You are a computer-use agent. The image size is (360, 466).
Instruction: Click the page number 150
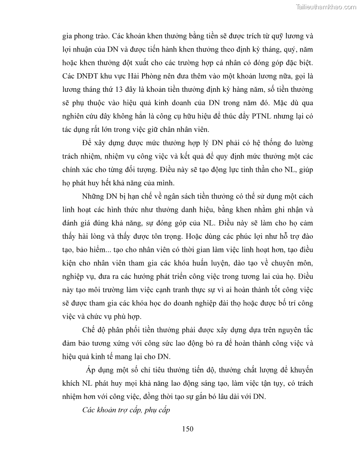[x=188, y=428]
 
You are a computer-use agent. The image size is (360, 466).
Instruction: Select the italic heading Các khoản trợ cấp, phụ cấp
[x=126, y=410]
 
